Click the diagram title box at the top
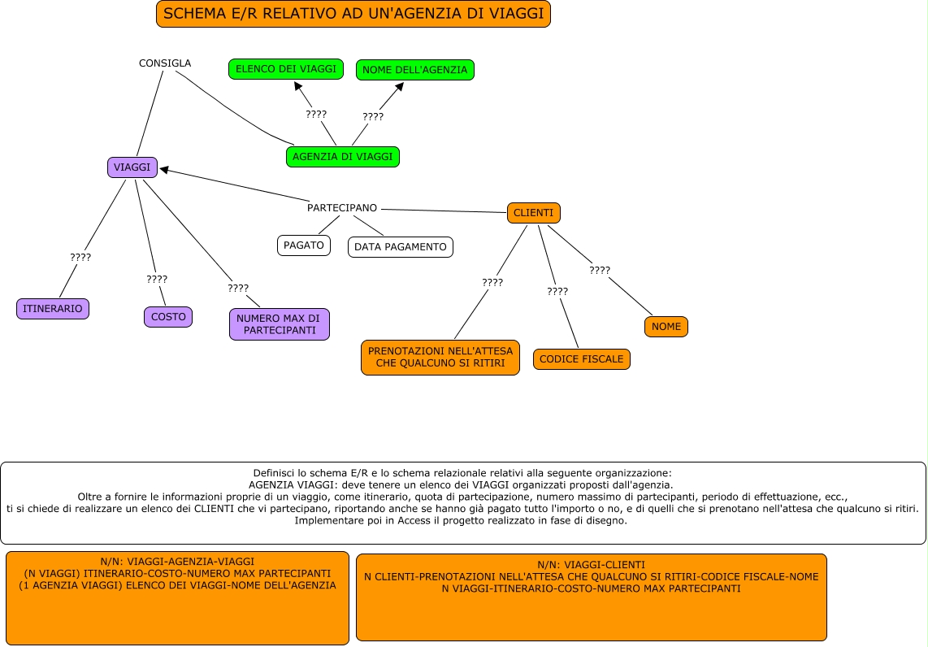pos(353,14)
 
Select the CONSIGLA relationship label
pos(165,63)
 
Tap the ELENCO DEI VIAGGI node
pos(286,69)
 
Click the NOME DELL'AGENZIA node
pos(414,70)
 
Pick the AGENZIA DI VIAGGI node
pos(343,157)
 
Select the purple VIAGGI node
pos(132,167)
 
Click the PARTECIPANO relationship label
pos(342,208)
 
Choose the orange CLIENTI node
pos(534,213)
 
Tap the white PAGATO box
pos(304,245)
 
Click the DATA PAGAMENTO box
pos(401,247)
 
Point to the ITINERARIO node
pos(53,309)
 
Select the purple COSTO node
pos(168,317)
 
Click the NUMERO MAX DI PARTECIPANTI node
pos(280,324)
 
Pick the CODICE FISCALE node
pos(582,359)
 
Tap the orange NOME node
pos(666,327)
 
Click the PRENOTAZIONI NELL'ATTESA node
pos(440,357)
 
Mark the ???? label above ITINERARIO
pos(80,257)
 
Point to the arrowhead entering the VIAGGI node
pos(164,169)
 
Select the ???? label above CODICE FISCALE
pos(557,291)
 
